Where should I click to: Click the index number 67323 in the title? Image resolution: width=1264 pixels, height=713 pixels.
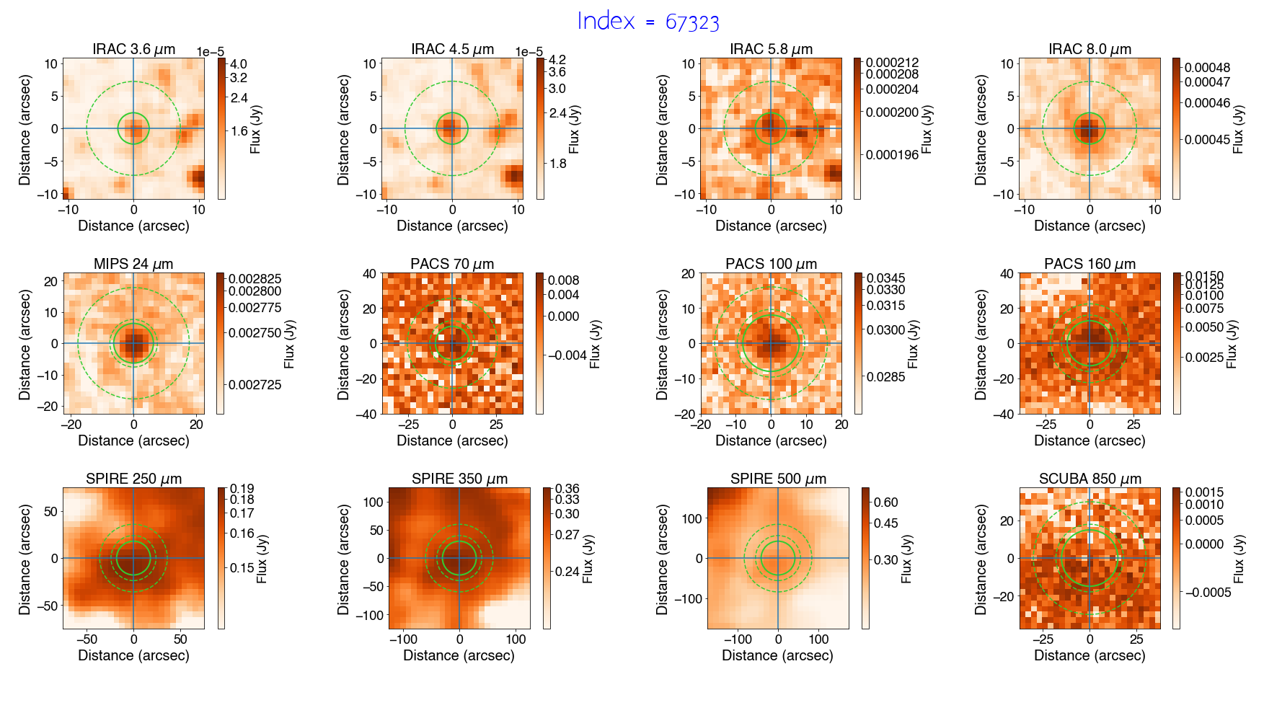pos(692,22)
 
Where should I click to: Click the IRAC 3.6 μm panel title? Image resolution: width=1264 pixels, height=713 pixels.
pos(133,49)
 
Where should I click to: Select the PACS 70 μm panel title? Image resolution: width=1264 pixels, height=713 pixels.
pos(452,264)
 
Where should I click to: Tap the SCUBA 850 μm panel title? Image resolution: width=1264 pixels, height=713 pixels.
pos(1090,479)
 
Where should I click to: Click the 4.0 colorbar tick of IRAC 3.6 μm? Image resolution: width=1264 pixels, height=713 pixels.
pos(238,64)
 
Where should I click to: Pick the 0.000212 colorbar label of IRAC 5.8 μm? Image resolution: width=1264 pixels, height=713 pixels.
pos(892,63)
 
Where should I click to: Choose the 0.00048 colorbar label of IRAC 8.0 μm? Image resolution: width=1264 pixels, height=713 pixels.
pos(1207,68)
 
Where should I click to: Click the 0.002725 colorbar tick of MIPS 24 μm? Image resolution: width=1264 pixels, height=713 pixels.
pos(255,385)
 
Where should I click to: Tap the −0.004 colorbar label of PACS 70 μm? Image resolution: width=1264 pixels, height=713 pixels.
pos(567,355)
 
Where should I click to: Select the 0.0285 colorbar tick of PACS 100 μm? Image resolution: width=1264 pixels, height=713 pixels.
pos(885,376)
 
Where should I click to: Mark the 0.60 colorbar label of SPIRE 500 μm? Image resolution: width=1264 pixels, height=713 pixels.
pos(885,502)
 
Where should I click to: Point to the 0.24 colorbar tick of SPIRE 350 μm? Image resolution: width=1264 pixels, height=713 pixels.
pos(567,571)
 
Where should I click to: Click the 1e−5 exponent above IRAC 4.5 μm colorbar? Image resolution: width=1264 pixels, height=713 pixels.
pos(529,52)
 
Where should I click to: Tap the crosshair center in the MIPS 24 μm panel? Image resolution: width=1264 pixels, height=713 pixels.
pos(133,343)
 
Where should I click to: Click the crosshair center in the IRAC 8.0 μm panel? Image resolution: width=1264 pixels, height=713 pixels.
pos(1090,129)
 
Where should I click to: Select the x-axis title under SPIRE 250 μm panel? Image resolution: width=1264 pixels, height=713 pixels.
pos(133,655)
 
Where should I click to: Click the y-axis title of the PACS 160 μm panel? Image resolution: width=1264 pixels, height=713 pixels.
pos(981,344)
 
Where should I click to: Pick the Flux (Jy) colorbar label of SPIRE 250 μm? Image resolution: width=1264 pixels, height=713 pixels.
pos(262,559)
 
